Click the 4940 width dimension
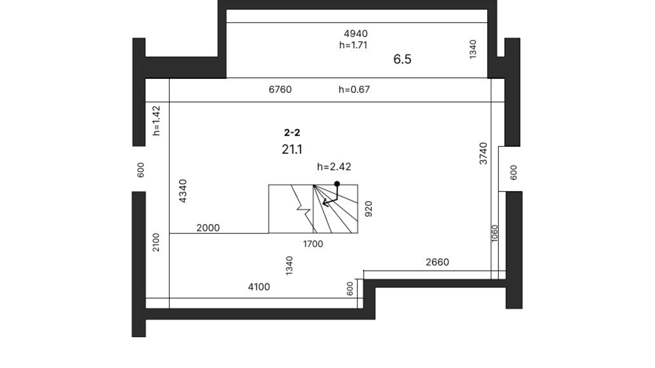pos(356,34)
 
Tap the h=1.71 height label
pos(353,45)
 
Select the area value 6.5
pos(402,59)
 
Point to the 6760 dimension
pos(280,90)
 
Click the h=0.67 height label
pos(354,90)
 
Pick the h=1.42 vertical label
pos(156,121)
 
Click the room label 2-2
pos(292,133)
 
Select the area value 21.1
pos(292,150)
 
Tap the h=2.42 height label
pos(334,167)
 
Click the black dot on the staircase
pos(337,184)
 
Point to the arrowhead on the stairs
pos(325,203)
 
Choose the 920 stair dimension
pos(369,209)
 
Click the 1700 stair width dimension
pos(313,244)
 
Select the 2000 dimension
pos(208,228)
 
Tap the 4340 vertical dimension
pos(183,191)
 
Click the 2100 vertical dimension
pos(156,242)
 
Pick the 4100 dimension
pos(259,287)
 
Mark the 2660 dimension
pos(437,262)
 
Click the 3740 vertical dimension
pos(483,154)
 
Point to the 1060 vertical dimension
pos(495,234)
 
